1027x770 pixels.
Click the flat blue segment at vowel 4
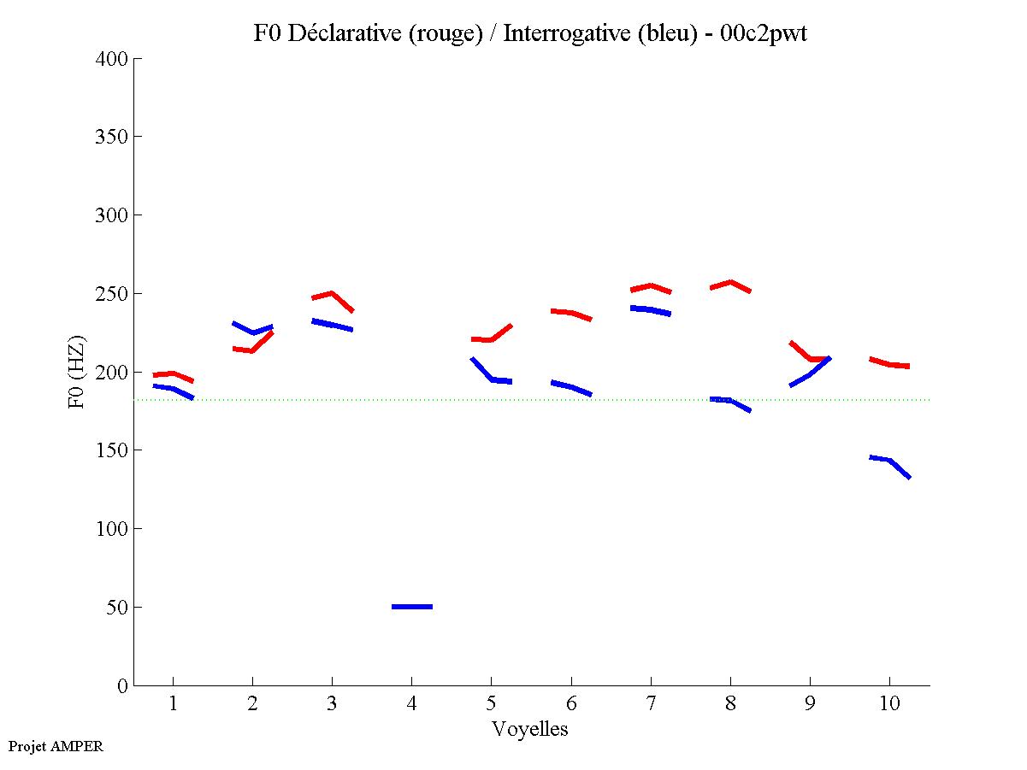412,606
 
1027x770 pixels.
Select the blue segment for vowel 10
890,461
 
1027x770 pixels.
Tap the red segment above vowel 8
730,283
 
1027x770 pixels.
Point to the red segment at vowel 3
332,294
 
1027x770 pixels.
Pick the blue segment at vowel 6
571,386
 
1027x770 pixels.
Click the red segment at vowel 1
173,374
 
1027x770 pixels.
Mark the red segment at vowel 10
889,363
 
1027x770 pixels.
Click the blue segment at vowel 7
651,309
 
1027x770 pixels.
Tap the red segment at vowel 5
491,338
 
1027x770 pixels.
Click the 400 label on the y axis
112,59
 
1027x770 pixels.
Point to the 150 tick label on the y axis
112,450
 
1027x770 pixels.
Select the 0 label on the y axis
123,685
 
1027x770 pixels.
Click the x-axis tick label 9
810,703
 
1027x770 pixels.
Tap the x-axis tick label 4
411,703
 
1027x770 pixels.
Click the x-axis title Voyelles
530,729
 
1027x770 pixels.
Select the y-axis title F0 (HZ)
77,372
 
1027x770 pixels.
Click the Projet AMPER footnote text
56,746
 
